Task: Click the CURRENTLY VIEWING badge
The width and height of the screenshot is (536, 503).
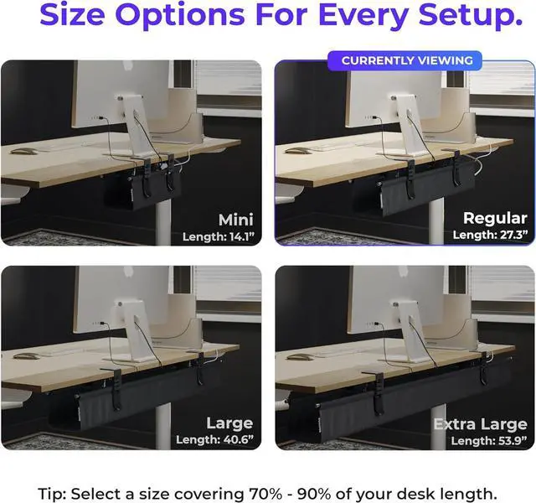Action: tap(406, 60)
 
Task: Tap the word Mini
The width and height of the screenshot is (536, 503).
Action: tap(235, 220)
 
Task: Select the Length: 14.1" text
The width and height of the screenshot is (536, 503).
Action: tap(218, 236)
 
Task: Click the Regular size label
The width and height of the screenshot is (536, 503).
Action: tap(495, 218)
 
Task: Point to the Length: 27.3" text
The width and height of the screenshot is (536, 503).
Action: tap(486, 236)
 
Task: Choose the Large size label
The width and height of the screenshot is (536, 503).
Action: tap(229, 423)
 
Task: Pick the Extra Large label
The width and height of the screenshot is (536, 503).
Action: tap(480, 424)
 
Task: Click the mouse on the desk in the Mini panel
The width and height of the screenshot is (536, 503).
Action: tap(25, 152)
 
